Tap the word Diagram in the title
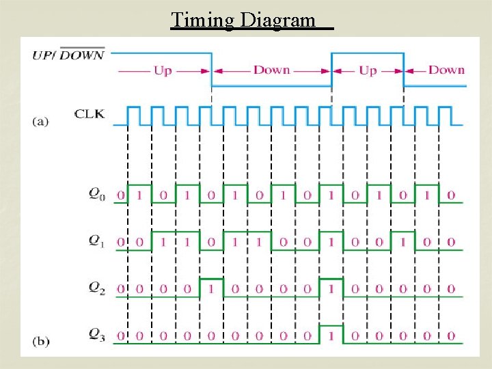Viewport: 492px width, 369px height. coord(280,20)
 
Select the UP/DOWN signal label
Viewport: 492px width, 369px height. coord(68,55)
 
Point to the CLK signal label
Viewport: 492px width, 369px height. coord(90,113)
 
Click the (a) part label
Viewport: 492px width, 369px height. coord(40,122)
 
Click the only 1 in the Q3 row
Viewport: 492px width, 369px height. coord(331,336)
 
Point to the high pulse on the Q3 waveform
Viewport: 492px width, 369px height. coord(331,326)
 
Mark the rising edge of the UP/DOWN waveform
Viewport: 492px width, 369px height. coord(331,69)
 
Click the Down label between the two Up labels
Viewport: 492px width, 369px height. coord(271,70)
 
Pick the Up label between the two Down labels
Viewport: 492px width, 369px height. coord(368,70)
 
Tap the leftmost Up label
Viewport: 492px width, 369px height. coord(163,70)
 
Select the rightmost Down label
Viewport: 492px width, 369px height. coord(446,70)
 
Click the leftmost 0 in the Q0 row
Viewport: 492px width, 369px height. coord(120,195)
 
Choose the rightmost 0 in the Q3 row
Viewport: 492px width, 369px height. coord(451,336)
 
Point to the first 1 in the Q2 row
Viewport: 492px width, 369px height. coord(211,288)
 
